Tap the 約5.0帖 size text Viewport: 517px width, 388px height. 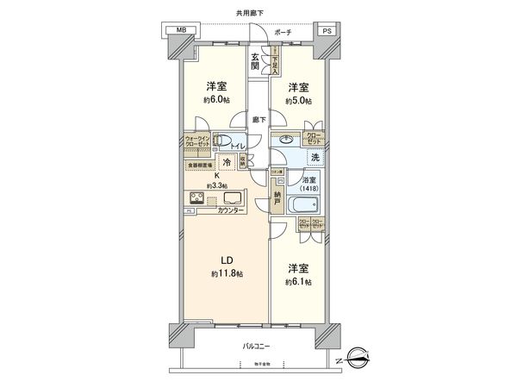[x=298, y=100]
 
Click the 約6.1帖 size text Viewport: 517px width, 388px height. [x=298, y=282]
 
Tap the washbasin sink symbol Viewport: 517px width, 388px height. [x=285, y=141]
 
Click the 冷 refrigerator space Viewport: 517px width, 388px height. [x=227, y=162]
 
